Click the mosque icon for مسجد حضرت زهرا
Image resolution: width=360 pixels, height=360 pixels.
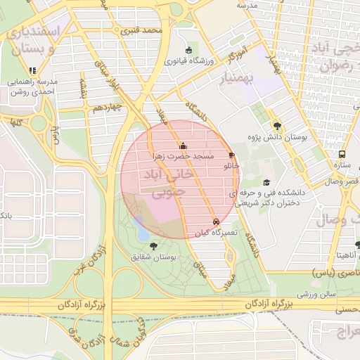(183, 146)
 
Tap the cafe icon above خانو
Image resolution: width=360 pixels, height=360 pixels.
(232, 156)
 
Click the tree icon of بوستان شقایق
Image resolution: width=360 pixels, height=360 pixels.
(154, 246)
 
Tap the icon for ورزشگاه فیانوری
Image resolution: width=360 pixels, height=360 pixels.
(188, 50)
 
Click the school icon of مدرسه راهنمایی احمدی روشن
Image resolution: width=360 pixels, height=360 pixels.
(32, 70)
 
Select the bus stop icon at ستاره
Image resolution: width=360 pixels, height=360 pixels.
(342, 155)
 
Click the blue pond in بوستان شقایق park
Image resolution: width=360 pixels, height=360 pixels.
(143, 227)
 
